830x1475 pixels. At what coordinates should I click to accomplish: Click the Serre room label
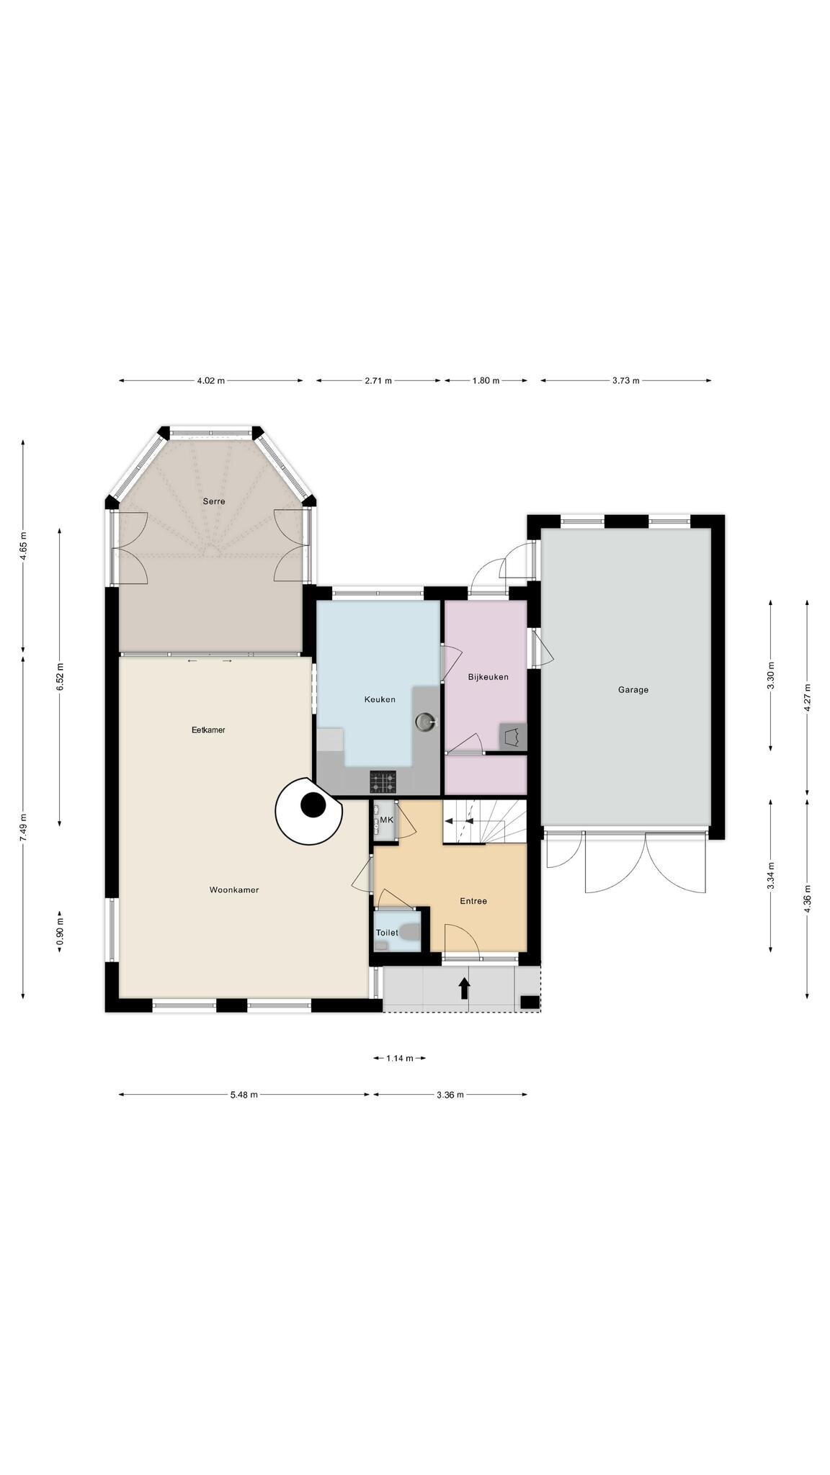(213, 501)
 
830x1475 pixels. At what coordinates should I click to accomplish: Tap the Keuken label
(380, 699)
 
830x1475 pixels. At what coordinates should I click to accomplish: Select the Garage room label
(633, 689)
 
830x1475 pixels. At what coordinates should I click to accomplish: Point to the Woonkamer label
(234, 890)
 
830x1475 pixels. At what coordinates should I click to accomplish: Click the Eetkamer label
(208, 730)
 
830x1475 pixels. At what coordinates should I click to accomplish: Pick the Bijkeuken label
(488, 677)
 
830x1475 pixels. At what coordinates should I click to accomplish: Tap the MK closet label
(387, 820)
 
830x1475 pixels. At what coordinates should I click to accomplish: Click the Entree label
(473, 901)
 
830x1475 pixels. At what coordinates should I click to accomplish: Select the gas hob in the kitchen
(383, 781)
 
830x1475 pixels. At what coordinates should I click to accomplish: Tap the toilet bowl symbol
(411, 932)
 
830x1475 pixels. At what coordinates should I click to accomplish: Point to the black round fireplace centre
(313, 805)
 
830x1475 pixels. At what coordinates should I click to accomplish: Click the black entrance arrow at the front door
(465, 987)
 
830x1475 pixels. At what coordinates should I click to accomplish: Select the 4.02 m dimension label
(210, 380)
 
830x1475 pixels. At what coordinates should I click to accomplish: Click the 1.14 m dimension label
(400, 1058)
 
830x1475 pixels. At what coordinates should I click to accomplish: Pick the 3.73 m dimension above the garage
(626, 380)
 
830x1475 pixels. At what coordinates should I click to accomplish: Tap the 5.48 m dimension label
(244, 1095)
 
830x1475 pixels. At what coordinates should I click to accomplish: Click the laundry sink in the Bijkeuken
(513, 737)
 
